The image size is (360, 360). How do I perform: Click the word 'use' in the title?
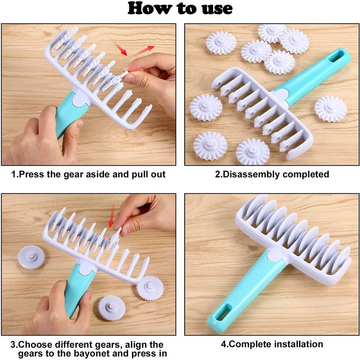(x=212, y=9)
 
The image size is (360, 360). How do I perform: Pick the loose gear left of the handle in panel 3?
(x=31, y=257)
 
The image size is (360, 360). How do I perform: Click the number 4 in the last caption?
(x=223, y=344)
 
